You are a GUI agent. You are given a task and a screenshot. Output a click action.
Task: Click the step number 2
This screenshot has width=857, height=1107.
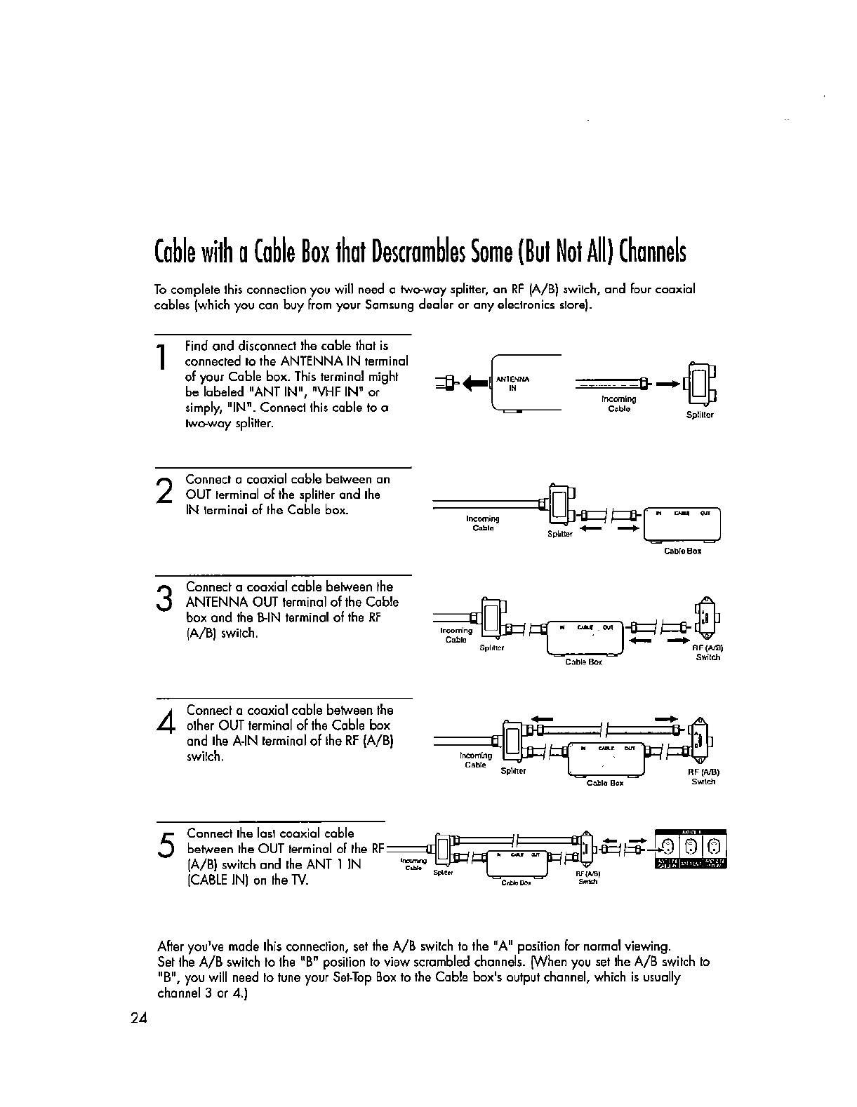coord(164,488)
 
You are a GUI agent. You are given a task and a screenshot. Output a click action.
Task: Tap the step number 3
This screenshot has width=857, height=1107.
coord(165,599)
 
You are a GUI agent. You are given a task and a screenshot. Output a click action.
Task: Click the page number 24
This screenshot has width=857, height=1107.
coord(138,1019)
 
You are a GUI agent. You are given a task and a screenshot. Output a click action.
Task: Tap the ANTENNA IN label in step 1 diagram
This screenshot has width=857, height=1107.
coord(512,383)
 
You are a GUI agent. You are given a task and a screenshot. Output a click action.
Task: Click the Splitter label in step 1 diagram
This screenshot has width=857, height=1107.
coord(699,415)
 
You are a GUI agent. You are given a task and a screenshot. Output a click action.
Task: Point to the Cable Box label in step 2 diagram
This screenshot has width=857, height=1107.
coord(682,551)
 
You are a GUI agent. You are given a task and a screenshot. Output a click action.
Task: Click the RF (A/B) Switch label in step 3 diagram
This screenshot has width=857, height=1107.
coord(707,652)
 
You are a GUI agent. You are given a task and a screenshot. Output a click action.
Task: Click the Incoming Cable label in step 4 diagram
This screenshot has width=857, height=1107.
coord(476,760)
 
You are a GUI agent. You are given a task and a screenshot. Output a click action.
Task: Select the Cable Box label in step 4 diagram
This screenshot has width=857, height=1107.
coord(605,783)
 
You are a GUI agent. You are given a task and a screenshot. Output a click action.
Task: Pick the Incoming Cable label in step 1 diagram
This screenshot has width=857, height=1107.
coord(619,403)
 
